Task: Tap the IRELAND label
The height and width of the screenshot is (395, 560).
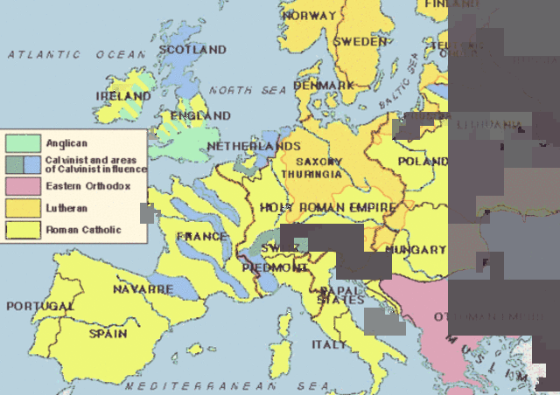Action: [124, 95]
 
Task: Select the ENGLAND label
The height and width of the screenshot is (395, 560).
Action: [200, 115]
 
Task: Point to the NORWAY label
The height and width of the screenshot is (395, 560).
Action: [309, 16]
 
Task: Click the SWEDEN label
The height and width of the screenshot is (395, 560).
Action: [360, 42]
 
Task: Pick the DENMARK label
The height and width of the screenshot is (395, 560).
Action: [324, 86]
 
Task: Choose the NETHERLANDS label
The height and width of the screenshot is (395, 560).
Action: [254, 146]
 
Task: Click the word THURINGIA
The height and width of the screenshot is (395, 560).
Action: [312, 175]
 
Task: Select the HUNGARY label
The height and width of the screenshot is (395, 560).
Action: [416, 250]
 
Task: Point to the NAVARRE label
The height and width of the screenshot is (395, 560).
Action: [143, 288]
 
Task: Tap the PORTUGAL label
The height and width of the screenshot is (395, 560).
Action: [40, 307]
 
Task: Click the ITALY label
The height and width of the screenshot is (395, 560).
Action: [329, 344]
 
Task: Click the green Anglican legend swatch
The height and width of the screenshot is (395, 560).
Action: [21, 142]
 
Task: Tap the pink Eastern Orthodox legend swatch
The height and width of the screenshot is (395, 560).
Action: [21, 186]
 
